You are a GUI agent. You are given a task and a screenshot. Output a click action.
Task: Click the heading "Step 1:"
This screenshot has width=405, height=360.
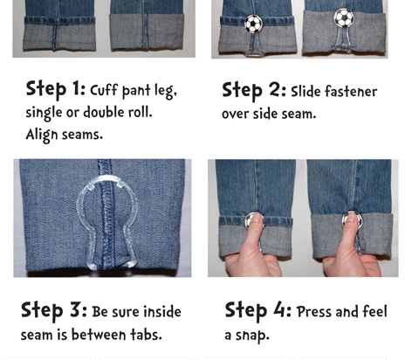[x=55, y=89]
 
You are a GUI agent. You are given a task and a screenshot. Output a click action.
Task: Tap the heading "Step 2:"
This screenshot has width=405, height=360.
[x=254, y=91]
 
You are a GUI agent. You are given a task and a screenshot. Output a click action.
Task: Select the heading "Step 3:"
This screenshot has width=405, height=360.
[x=54, y=310]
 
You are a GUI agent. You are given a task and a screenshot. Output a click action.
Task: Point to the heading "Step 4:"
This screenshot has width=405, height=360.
[x=258, y=311]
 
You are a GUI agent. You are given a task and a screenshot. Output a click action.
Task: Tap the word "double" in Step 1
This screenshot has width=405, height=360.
[x=104, y=112]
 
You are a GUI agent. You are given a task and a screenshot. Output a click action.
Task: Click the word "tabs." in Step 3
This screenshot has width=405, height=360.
[x=146, y=334]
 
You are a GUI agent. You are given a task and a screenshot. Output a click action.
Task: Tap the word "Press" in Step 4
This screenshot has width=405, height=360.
[x=314, y=312]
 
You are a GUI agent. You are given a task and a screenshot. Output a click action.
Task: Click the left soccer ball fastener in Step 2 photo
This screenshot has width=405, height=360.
[x=253, y=24]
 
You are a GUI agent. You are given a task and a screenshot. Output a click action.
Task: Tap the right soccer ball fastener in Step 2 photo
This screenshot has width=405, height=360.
[x=344, y=17]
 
